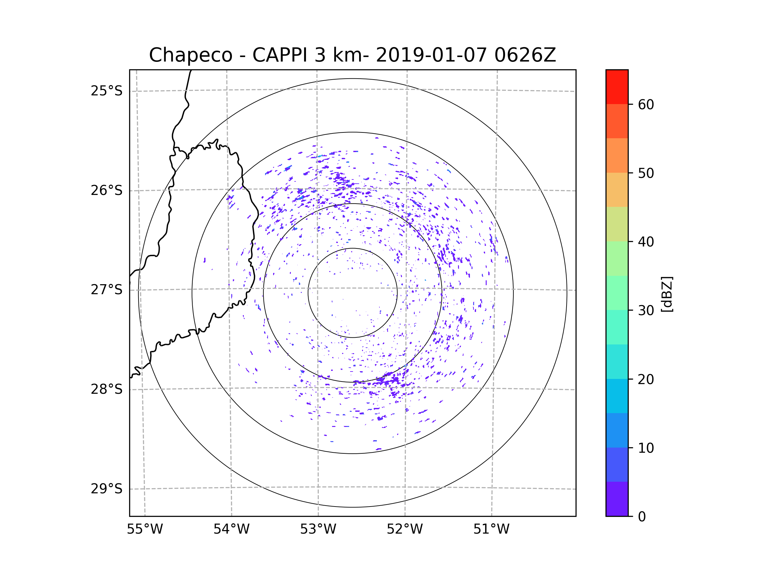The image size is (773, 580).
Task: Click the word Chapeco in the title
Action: click(x=190, y=55)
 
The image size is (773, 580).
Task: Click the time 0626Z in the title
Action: click(x=525, y=55)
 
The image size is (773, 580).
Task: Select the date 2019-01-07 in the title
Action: click(x=431, y=55)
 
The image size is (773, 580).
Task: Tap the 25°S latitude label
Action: click(x=107, y=91)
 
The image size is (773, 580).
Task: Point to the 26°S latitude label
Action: click(x=107, y=190)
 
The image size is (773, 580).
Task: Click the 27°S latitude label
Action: click(x=107, y=290)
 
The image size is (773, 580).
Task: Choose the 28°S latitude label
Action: click(x=107, y=389)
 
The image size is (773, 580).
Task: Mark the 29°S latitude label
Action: click(x=107, y=489)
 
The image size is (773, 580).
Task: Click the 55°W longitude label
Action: click(x=145, y=529)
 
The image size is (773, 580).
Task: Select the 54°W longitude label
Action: click(x=231, y=529)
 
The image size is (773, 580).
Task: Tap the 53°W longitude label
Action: click(x=318, y=529)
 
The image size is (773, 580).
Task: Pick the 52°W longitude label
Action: click(x=405, y=529)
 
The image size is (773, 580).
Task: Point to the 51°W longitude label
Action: click(x=491, y=529)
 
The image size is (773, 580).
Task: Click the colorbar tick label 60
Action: click(x=646, y=104)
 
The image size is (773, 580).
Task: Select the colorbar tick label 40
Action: click(x=646, y=242)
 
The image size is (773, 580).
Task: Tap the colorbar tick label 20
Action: click(x=646, y=379)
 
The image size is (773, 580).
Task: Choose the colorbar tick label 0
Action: click(x=642, y=517)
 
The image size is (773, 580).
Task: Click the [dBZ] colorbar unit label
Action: click(x=667, y=294)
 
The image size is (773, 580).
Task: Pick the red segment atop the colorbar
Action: click(x=617, y=87)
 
